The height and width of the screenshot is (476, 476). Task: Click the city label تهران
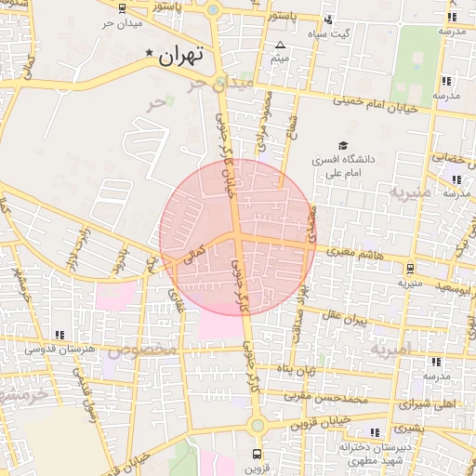(x=180, y=56)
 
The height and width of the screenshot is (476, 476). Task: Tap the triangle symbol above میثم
(x=280, y=45)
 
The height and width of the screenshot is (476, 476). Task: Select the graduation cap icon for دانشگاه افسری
(x=343, y=145)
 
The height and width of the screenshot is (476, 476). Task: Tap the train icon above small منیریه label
(x=405, y=265)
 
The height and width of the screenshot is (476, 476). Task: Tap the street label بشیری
(x=406, y=430)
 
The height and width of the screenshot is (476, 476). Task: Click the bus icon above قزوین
(x=258, y=456)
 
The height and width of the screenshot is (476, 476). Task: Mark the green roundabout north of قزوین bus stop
(x=258, y=425)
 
